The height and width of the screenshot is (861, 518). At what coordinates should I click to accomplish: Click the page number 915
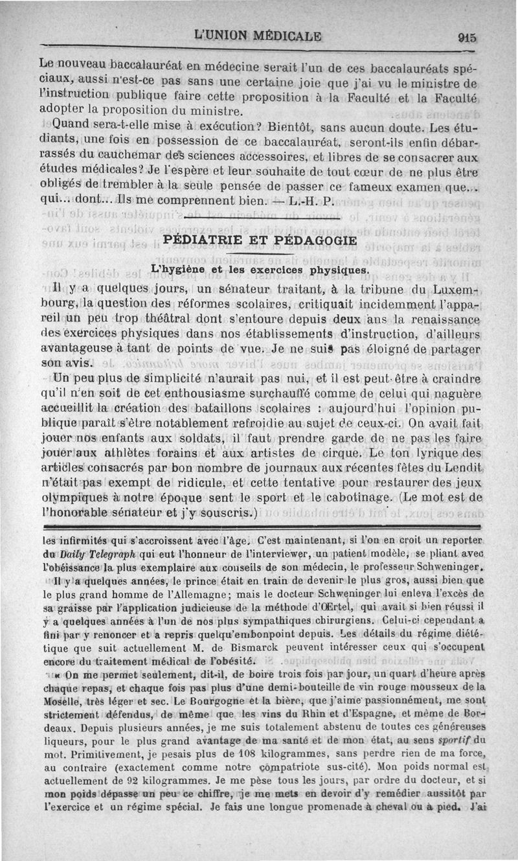[465, 38]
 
